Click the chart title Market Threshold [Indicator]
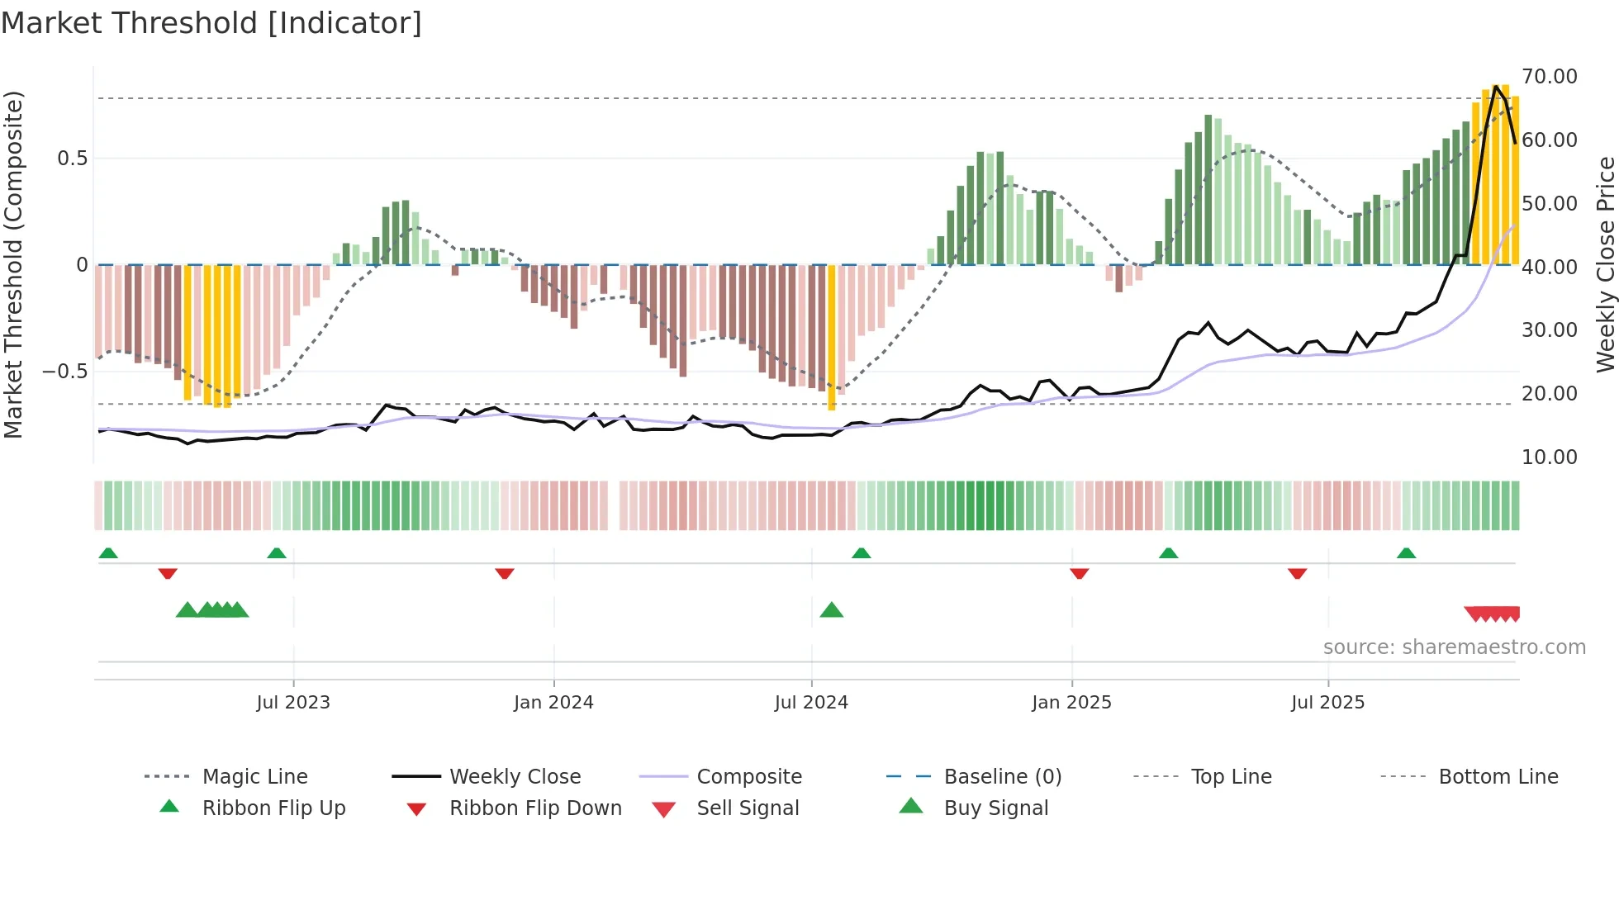[211, 23]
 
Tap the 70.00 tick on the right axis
[1549, 77]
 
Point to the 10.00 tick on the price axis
[1549, 457]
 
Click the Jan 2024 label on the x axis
[553, 703]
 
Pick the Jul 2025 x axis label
[1327, 703]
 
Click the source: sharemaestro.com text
[1454, 647]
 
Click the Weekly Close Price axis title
[1605, 264]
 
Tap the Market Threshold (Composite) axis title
[13, 264]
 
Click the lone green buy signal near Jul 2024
[832, 610]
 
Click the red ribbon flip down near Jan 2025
[1079, 573]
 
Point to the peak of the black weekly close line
[1496, 86]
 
